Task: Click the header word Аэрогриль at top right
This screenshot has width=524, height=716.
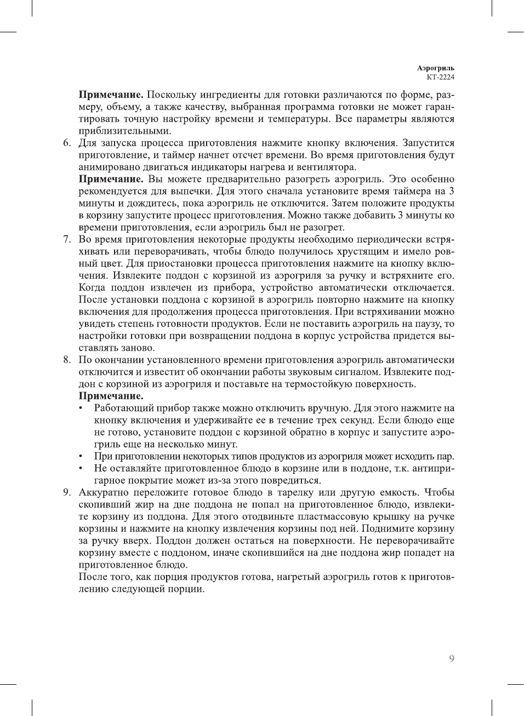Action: [x=435, y=68]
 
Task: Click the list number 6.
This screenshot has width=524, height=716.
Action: [x=66, y=143]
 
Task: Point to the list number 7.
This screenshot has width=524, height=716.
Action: [x=66, y=239]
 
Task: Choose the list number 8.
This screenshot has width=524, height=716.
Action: [x=66, y=360]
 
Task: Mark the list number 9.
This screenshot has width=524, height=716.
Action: [x=66, y=492]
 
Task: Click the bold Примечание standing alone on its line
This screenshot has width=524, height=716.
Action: [x=111, y=396]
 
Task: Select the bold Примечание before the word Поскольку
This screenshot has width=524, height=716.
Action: [x=111, y=95]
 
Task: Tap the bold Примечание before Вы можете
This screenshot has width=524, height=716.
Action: [x=111, y=179]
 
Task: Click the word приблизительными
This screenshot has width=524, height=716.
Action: [x=125, y=131]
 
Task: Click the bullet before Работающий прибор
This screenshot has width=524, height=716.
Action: [x=81, y=409]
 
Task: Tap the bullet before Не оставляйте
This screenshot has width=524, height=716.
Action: [x=81, y=469]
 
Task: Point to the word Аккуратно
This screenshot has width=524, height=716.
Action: [x=104, y=492]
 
